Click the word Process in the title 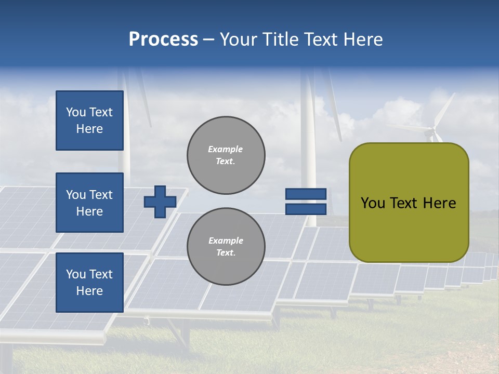coord(163,39)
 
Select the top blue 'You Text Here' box coord(89,121)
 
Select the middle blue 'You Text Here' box coord(89,203)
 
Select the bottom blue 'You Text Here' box coord(89,282)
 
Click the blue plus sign coord(160,202)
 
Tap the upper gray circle coord(226,155)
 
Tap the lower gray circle coord(226,246)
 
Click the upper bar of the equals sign coord(306,194)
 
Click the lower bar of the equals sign coord(306,209)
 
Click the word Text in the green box coord(407,203)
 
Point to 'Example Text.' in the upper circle coord(226,155)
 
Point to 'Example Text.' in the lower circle coord(226,246)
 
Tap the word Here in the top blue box coord(89,129)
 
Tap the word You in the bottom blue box coord(76,274)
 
